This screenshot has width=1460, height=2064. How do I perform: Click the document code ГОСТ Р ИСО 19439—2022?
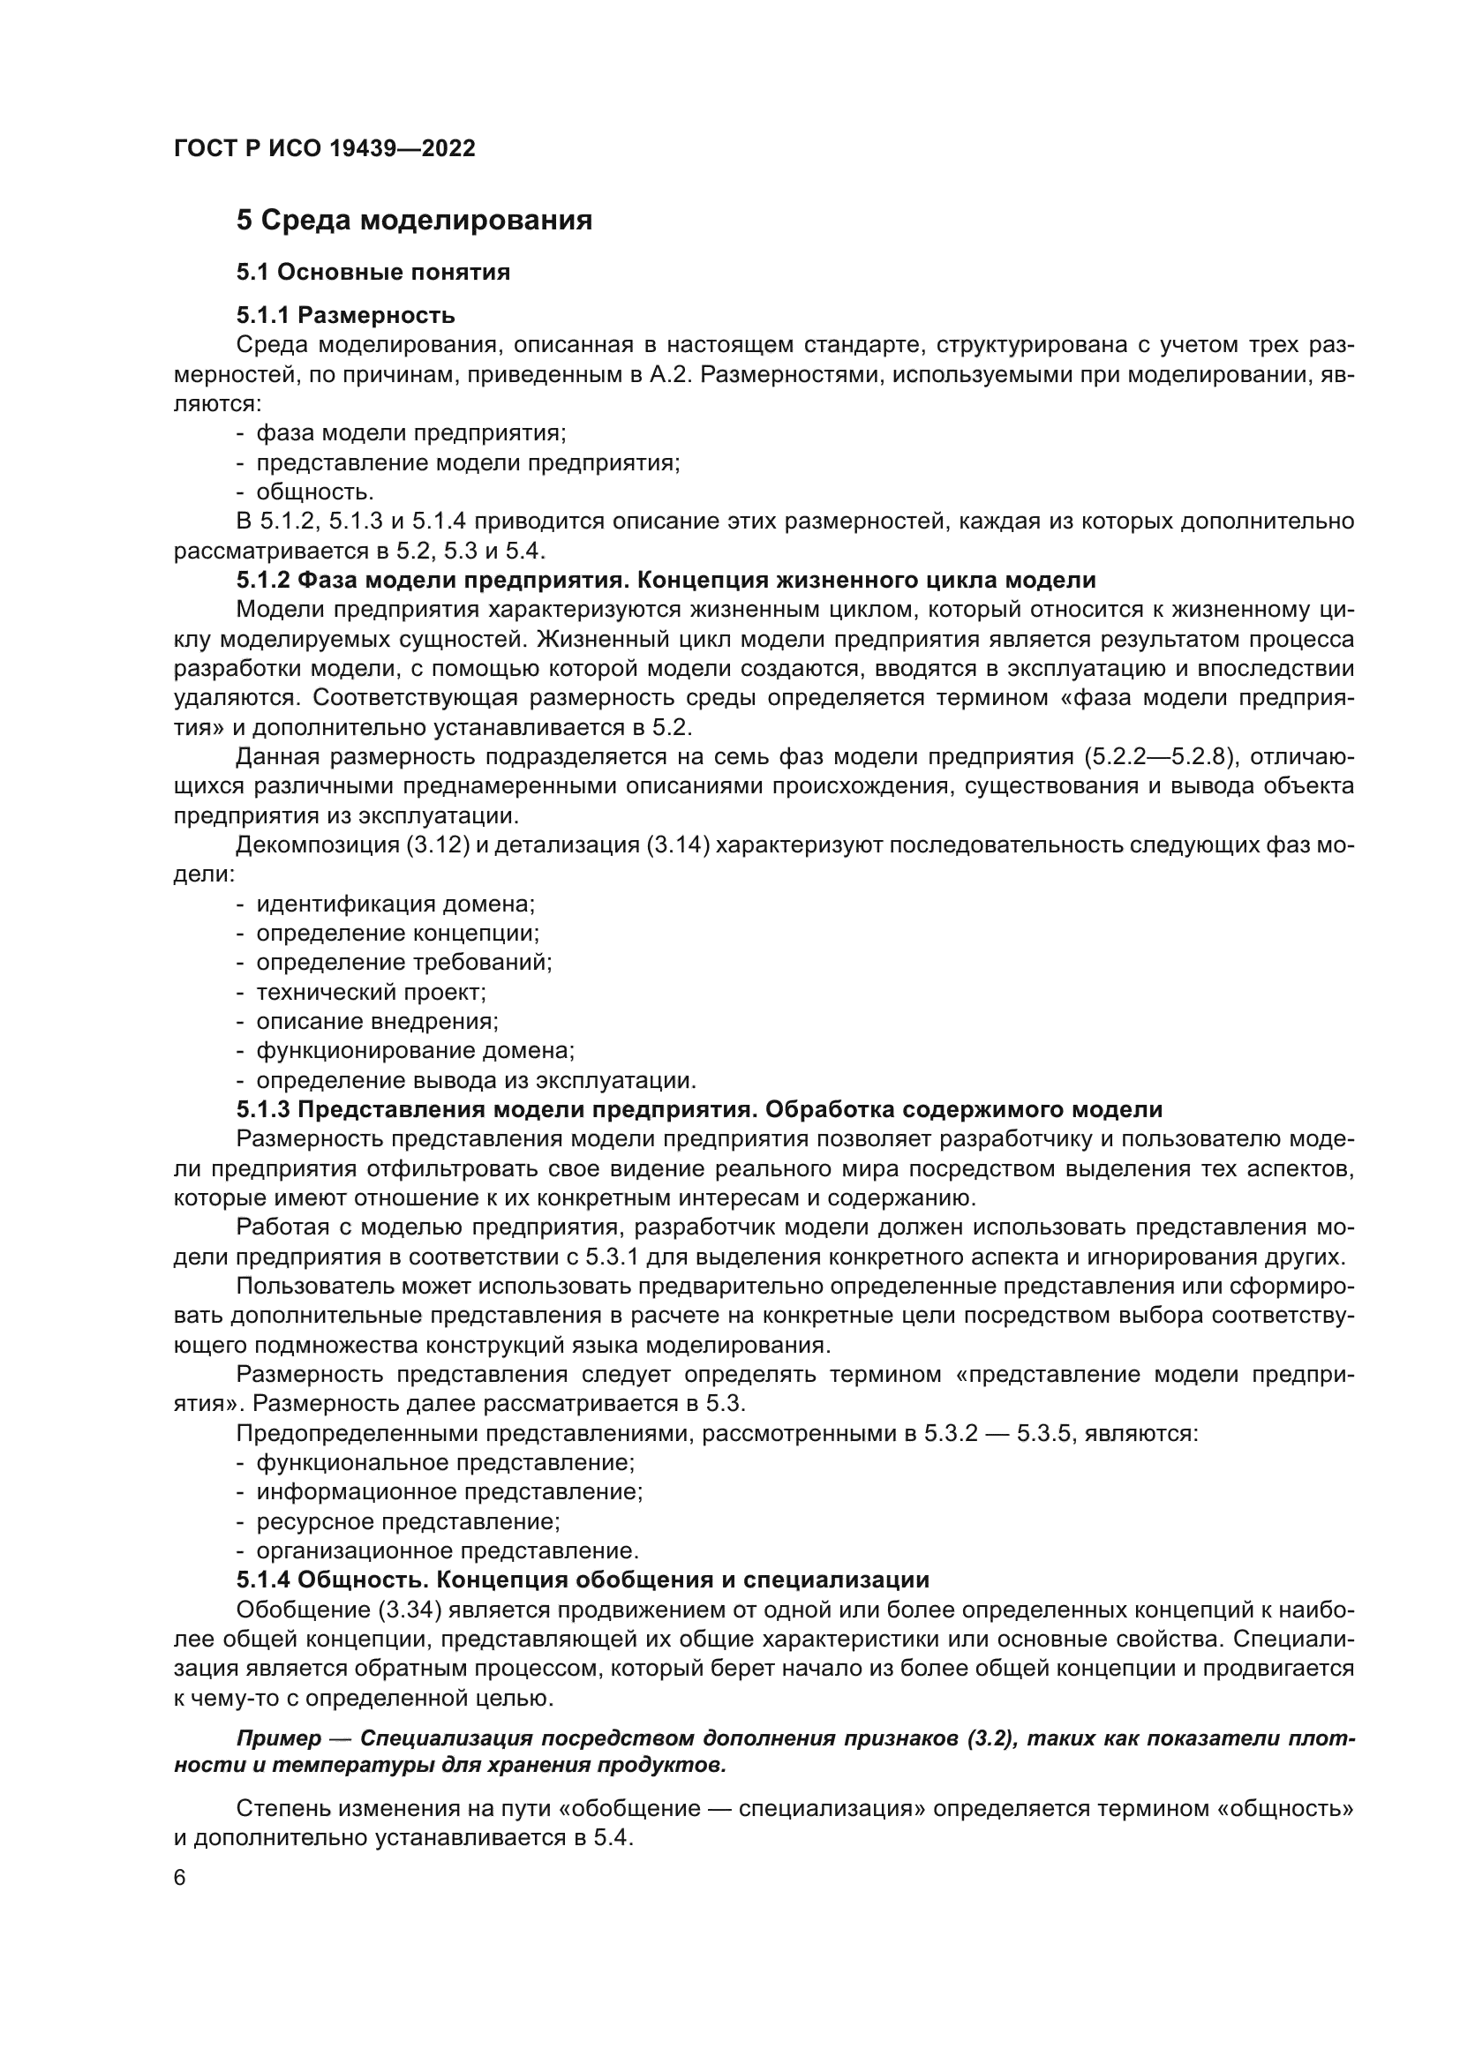click(324, 148)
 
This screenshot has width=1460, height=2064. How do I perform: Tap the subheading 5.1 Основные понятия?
click(373, 272)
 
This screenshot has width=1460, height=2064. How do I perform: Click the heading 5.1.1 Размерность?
click(345, 315)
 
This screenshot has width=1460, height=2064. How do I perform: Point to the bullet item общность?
click(314, 492)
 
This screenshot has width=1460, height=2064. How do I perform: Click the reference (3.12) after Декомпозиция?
click(438, 845)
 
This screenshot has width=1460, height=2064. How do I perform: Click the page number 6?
click(179, 1878)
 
